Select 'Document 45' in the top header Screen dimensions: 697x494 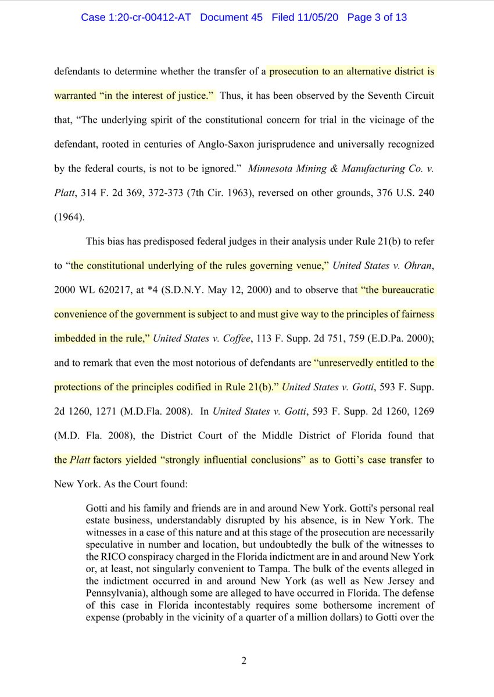pos(232,17)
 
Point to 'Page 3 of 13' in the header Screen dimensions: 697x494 pos(377,17)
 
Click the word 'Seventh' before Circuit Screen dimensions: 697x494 pos(393,95)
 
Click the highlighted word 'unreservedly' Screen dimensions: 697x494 pos(342,363)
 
